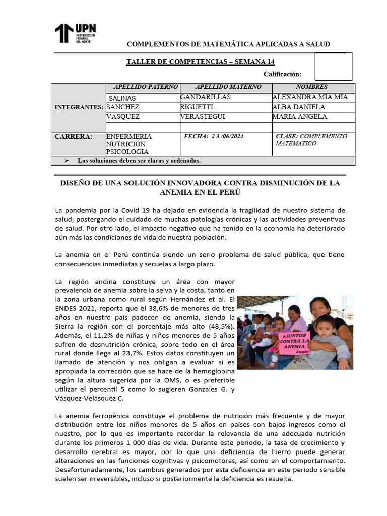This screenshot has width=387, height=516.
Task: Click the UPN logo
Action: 75,33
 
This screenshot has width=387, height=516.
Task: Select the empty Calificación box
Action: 333,67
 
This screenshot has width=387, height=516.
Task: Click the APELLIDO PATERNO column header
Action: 143,87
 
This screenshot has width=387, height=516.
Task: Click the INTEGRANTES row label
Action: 79,107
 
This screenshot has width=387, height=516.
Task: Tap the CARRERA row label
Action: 73,137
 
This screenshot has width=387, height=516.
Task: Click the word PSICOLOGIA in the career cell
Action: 127,152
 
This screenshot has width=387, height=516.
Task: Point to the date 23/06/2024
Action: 221,137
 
